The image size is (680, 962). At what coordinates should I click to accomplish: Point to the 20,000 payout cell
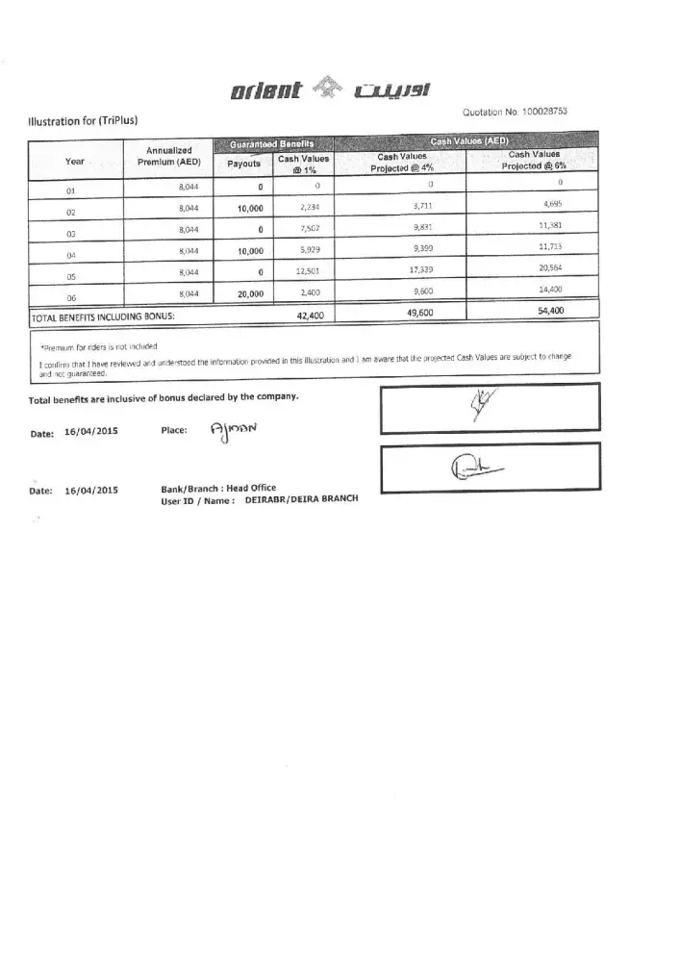pyautogui.click(x=248, y=295)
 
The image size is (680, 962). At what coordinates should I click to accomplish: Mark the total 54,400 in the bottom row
pyautogui.click(x=550, y=311)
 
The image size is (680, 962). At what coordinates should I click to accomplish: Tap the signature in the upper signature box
pyautogui.click(x=478, y=406)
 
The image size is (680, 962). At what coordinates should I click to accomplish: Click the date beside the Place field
pyautogui.click(x=90, y=433)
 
